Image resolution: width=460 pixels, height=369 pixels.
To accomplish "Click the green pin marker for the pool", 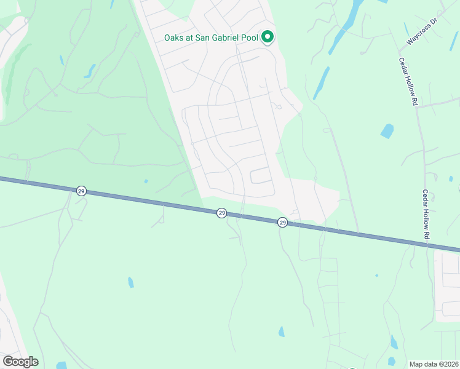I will [x=268, y=38].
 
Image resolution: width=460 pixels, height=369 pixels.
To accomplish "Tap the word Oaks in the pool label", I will [x=174, y=38].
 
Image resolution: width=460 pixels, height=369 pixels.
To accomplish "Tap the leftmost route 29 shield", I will [x=81, y=191].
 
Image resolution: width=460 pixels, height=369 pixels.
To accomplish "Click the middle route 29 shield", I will [x=221, y=213].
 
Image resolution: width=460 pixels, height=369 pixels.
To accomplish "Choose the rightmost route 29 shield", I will [x=282, y=222].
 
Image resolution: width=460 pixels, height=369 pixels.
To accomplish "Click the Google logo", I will [x=20, y=362].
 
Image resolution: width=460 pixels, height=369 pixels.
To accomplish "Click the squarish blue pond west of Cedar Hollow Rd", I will [x=387, y=131].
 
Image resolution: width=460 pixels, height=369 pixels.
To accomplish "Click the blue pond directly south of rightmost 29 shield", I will [x=281, y=331].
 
